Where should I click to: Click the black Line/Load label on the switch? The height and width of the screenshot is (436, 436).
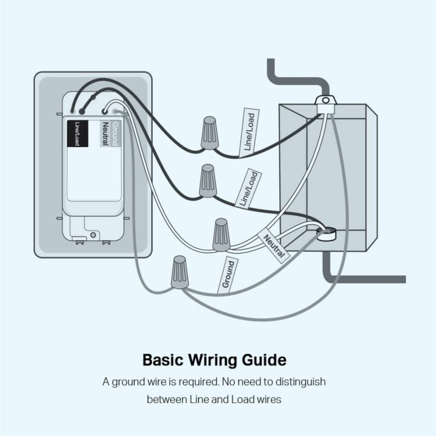point(77,134)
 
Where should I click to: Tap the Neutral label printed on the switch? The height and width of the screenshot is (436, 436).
point(105,134)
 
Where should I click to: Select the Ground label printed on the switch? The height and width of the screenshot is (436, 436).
point(115,134)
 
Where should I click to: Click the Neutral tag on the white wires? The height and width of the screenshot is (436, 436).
point(274,245)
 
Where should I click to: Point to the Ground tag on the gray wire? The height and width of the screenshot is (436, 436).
point(228,274)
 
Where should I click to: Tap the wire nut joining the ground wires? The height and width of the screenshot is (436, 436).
point(180,272)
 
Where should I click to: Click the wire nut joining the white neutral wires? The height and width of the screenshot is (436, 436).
point(221,235)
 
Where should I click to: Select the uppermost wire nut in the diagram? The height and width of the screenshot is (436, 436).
point(210,133)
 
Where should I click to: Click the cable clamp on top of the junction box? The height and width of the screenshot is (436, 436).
point(326,104)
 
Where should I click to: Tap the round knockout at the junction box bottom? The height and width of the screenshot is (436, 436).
point(327,233)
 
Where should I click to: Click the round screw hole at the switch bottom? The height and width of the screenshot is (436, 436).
point(93,235)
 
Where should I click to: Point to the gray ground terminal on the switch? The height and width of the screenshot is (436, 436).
point(115,112)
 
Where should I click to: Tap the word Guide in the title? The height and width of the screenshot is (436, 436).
point(264,360)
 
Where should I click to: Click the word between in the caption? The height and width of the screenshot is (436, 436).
point(167,400)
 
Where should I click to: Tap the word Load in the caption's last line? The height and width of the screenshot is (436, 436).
point(243,400)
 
